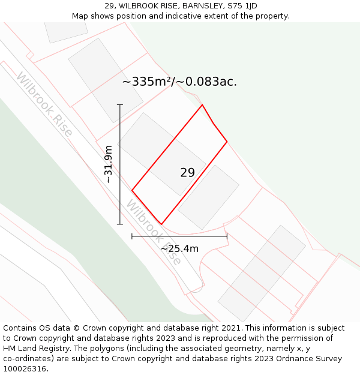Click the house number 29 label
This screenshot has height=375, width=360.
187,173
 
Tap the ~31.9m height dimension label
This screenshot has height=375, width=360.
109,164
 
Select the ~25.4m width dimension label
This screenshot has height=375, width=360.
179,248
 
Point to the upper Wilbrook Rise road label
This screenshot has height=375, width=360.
44,104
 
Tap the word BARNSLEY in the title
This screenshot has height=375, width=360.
201,6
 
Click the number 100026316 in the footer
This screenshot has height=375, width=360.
25,369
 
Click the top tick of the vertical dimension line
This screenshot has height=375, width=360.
120,105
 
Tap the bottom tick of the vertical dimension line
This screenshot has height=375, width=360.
120,224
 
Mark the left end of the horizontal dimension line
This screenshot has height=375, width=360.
132,236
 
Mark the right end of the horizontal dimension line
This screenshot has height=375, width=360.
227,236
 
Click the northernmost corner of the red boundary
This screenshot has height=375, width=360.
202,105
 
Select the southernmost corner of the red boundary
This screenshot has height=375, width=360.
161,224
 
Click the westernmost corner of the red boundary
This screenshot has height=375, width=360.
132,191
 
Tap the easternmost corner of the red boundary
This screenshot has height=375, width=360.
227,142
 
